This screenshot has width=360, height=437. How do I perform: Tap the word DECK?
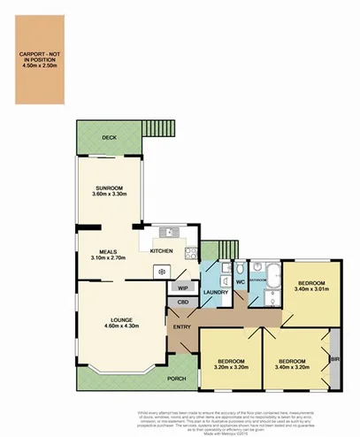coord(110,138)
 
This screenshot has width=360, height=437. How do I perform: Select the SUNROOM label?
coord(110,189)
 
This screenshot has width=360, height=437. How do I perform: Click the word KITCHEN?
coord(162,252)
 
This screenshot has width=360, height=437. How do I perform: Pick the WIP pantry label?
coord(183,288)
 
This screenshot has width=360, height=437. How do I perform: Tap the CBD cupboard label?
coord(183,303)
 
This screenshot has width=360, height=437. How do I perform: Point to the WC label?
coord(240,282)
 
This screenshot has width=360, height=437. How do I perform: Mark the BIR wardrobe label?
coord(334,360)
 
